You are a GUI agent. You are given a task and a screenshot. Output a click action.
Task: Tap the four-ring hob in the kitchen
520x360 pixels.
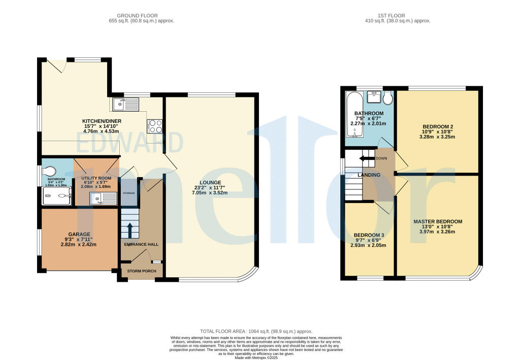[155, 125]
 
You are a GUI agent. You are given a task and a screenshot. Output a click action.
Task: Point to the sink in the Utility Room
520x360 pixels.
[104, 199]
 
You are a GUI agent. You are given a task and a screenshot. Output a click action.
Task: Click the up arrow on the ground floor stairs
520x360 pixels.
[130, 231]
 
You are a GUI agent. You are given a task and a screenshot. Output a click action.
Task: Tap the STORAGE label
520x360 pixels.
[128, 193]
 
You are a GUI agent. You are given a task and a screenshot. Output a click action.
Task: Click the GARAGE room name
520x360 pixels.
[79, 234]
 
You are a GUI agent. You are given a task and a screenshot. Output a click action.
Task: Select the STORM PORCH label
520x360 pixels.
[142, 271]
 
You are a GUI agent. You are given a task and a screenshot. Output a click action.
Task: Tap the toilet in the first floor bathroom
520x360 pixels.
[388, 97]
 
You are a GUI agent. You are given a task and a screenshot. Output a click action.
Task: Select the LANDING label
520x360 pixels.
[369, 175]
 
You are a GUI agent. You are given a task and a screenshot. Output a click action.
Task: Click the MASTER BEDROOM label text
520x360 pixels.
[437, 221]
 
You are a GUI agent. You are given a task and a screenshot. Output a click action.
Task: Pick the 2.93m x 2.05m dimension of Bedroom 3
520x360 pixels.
[368, 245]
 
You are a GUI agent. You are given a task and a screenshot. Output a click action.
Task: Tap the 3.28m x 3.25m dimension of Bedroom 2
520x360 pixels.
[437, 137]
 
